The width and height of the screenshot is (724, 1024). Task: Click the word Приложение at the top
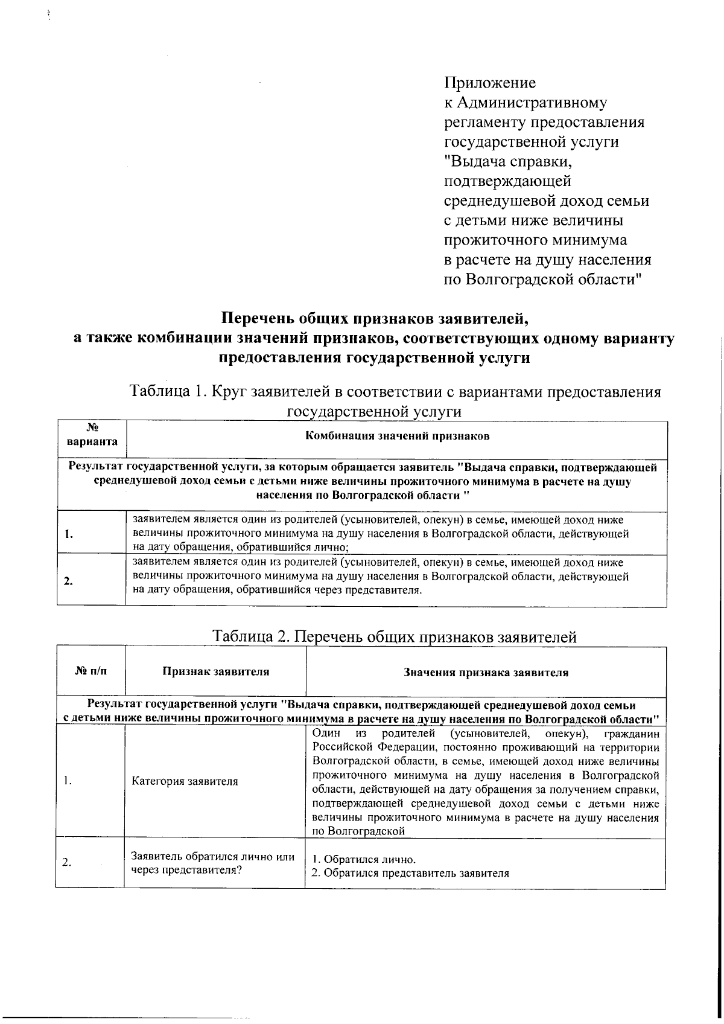coord(490,82)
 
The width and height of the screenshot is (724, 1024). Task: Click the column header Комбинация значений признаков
coord(397,436)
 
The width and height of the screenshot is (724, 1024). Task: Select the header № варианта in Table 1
coord(92,435)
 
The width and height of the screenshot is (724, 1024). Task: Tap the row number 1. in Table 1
coord(69,534)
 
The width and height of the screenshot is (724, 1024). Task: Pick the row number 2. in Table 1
coord(69,581)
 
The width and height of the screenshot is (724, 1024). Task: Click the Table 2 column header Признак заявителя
coord(215,671)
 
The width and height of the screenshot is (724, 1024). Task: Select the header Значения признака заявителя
coord(486,672)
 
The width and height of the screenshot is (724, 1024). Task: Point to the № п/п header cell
coord(91,671)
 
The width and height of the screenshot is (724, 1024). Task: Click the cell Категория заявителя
coord(185,781)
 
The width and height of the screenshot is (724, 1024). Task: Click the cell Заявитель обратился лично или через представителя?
coord(212,863)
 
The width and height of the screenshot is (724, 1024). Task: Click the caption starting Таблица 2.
coord(395,637)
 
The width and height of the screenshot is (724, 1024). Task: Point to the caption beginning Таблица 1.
coord(395,392)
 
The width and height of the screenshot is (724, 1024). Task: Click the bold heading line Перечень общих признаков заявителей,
coord(373,318)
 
